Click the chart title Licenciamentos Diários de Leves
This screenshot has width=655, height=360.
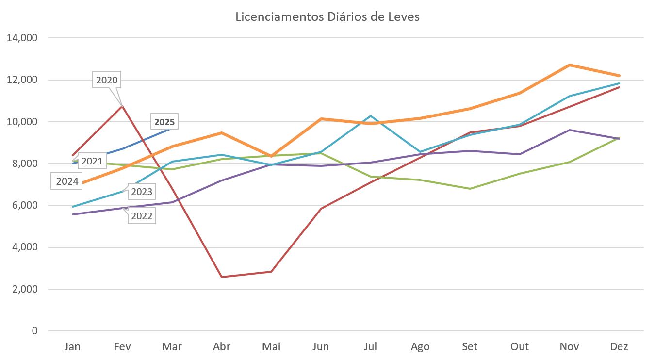point(327,17)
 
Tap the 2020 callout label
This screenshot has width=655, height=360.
point(107,80)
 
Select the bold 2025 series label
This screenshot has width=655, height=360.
point(164,122)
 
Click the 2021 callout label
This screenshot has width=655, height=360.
point(91,161)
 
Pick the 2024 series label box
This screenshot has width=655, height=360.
point(67,182)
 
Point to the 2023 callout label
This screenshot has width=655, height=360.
point(142,192)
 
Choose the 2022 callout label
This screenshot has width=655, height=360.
point(142,216)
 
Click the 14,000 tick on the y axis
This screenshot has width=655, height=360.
point(22,38)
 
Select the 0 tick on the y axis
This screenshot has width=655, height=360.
point(34,331)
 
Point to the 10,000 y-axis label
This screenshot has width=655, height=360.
point(22,122)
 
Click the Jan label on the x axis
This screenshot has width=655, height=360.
point(73,346)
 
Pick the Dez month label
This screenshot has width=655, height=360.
point(619,346)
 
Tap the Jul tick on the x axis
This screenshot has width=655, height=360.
point(370,346)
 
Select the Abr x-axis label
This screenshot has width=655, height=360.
point(222,346)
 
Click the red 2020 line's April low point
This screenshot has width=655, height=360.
point(222,277)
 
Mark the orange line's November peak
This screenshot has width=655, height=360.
point(570,65)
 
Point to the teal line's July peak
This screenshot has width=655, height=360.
point(370,116)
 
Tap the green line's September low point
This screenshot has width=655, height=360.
point(470,188)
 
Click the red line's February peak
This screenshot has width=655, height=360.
point(123,105)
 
